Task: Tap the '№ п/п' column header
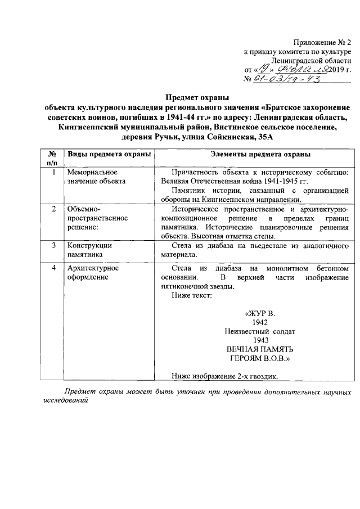click(x=51, y=158)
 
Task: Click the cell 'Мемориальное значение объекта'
click(x=93, y=177)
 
